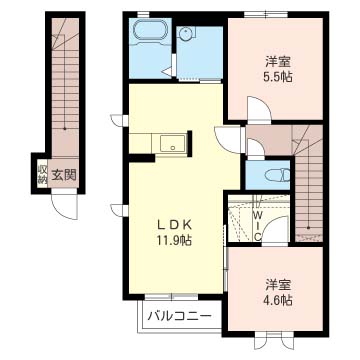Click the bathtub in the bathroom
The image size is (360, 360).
point(150,32)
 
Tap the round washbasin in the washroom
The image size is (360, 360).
point(184,33)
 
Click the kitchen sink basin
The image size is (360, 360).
point(173,143)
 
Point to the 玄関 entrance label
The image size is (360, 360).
point(64,174)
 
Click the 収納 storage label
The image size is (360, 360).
point(42,174)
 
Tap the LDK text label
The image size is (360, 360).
point(174,225)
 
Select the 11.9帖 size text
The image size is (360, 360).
point(174,240)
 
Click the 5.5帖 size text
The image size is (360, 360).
point(279,77)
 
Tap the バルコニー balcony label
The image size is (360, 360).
point(180,315)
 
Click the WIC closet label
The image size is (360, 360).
point(258,225)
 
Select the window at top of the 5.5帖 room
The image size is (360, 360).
point(265,14)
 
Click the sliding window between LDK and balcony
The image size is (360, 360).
point(172,296)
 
